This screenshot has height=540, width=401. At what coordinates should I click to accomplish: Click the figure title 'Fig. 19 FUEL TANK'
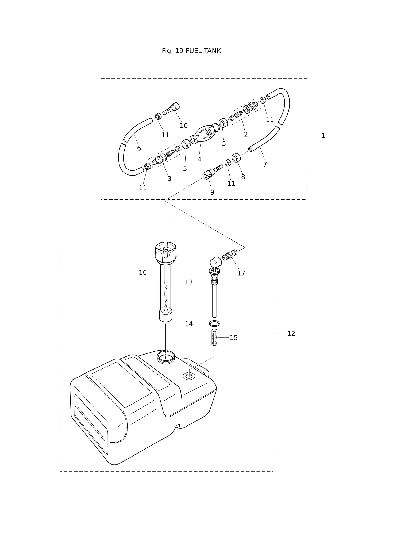coord(191,51)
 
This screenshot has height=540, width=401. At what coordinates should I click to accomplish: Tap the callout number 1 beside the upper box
coord(323,136)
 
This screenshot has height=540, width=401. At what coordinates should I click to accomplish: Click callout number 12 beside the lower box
coord(291,333)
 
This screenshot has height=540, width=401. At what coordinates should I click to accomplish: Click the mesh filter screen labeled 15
coord(214,337)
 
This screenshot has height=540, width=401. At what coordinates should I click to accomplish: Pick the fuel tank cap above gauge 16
coord(165,252)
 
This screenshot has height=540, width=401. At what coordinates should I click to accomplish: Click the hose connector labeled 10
coord(171,109)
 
